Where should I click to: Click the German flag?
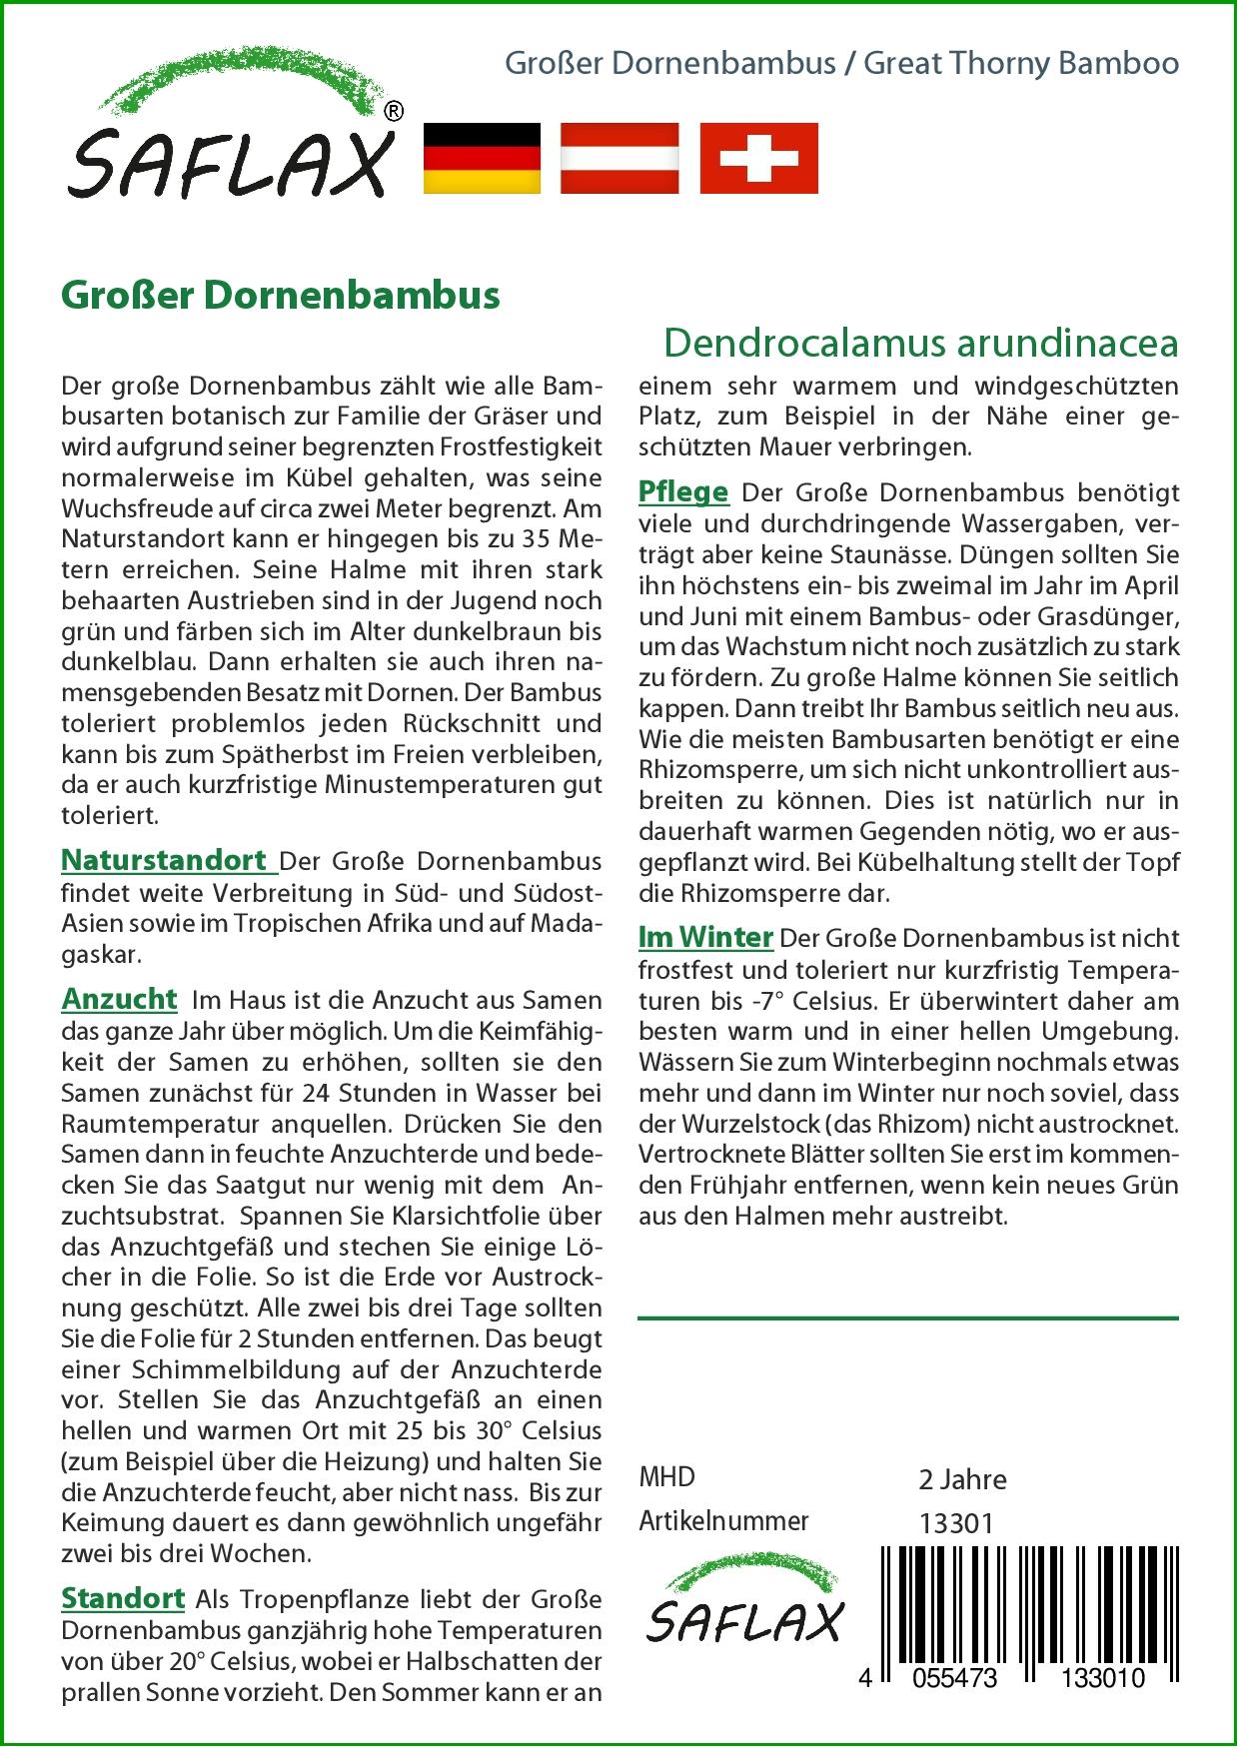coord(482,158)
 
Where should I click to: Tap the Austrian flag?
coord(619,158)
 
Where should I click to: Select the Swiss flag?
coord(758,158)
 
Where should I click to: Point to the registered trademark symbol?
coord(394,112)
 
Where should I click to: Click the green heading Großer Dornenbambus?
coord(281,296)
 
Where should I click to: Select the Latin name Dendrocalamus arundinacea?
coord(920,343)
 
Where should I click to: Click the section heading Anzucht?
coord(119,999)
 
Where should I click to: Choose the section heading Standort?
coord(123,1598)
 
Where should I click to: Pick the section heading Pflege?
coord(683,492)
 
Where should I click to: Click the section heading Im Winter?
coord(705,938)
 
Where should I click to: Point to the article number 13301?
coord(955,1522)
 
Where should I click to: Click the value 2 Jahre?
coord(962,1478)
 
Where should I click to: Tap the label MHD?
coord(666,1477)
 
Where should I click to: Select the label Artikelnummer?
coord(723,1521)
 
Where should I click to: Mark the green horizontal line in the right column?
coord(907,1318)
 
